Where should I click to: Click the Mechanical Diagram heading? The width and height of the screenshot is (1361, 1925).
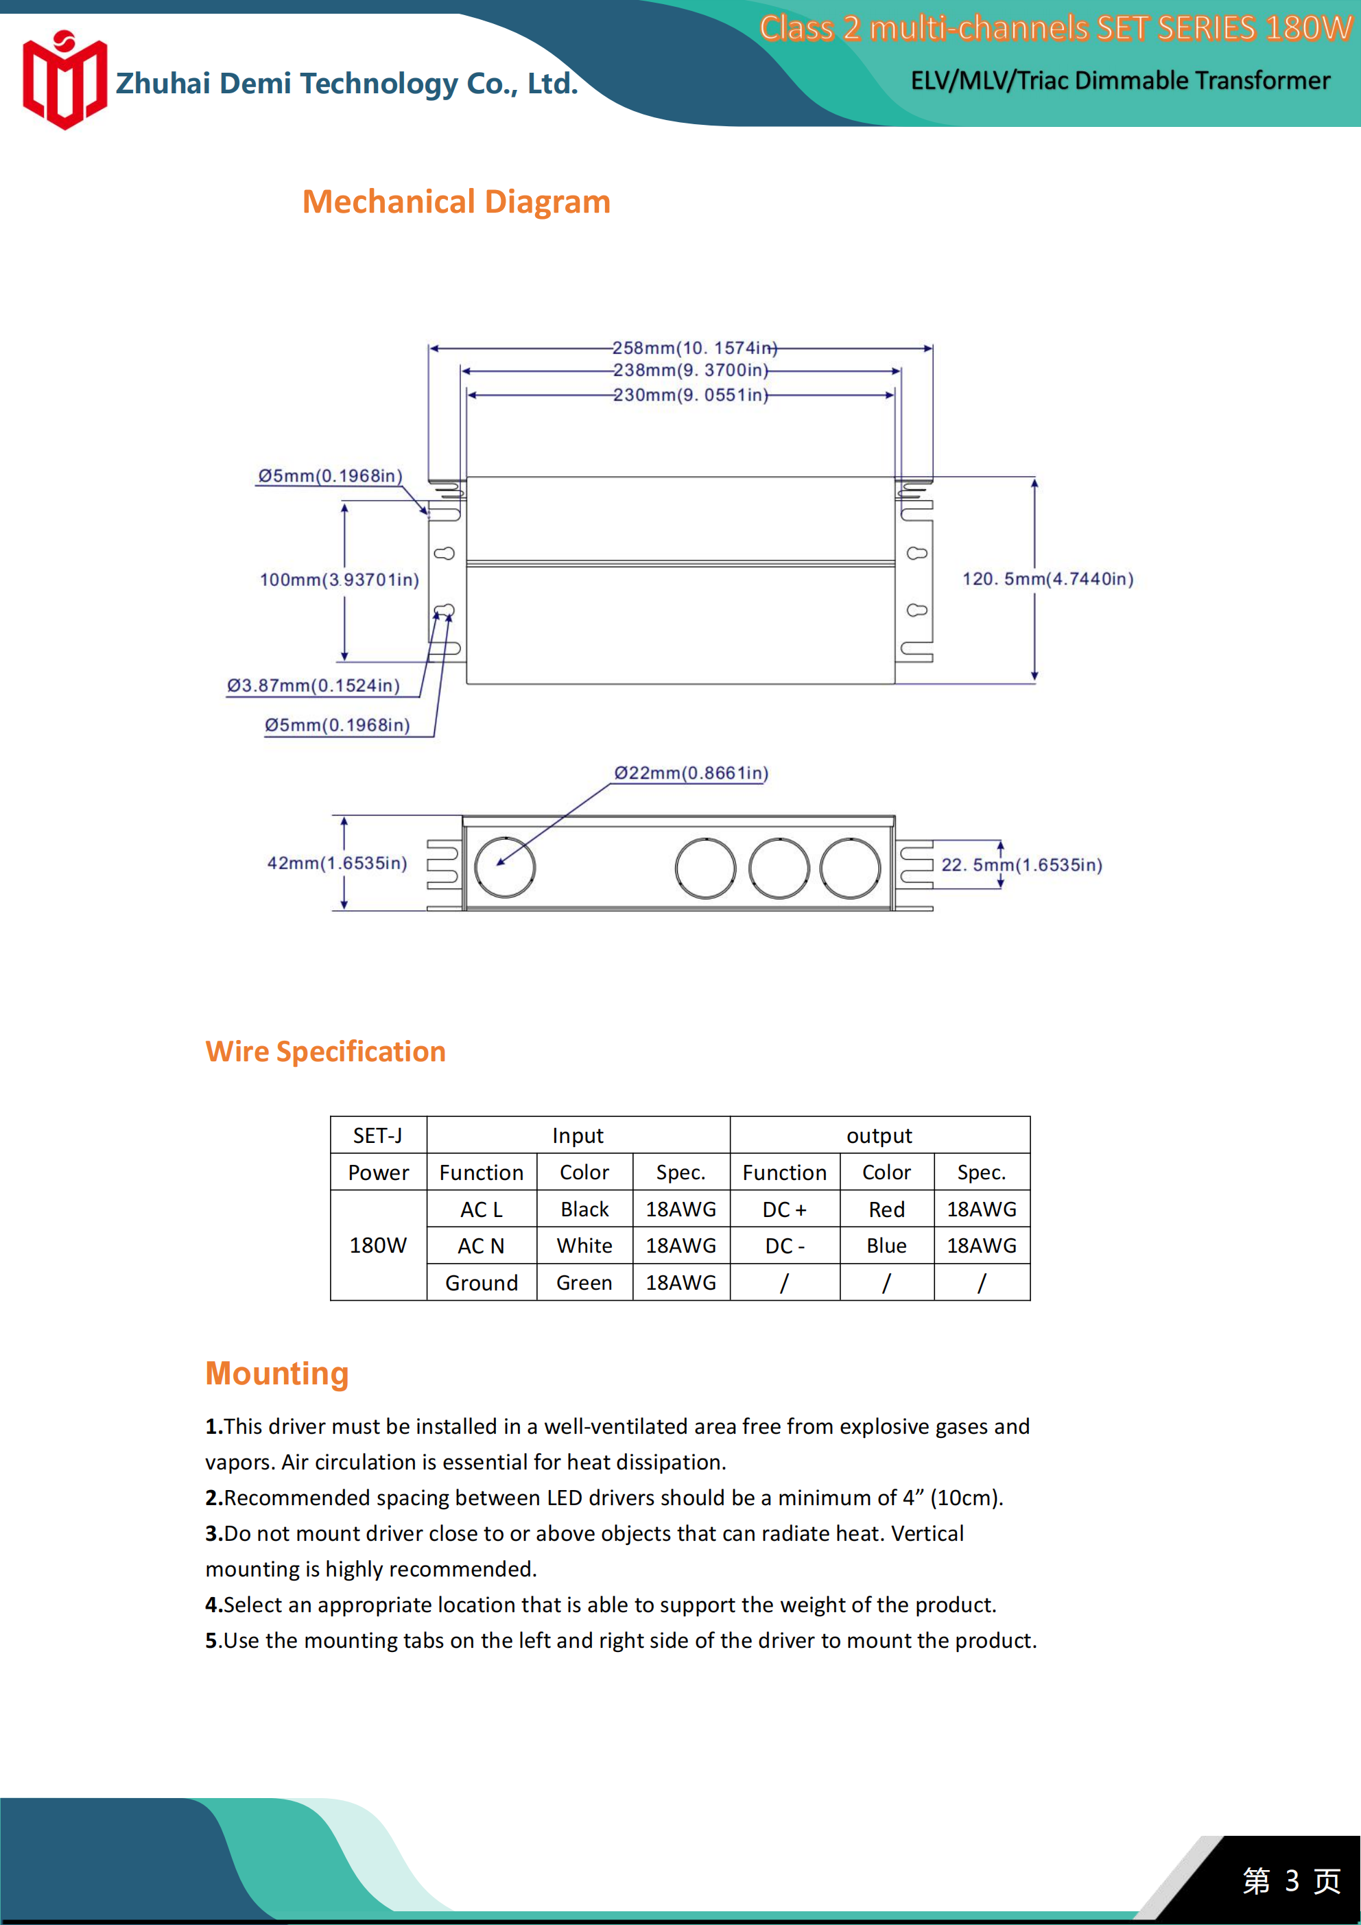456,202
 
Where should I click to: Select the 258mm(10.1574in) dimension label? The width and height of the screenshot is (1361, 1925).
694,348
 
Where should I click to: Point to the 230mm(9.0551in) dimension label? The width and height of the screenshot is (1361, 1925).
690,395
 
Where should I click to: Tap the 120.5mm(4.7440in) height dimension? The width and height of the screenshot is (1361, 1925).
1048,579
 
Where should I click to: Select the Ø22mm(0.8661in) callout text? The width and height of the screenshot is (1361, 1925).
691,773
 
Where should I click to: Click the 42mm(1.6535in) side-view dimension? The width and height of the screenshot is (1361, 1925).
337,864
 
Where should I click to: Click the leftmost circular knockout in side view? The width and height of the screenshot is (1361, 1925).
505,867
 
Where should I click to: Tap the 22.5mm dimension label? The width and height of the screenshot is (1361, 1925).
1021,865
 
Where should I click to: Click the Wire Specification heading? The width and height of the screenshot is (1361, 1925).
325,1052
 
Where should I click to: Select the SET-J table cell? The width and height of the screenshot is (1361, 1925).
378,1135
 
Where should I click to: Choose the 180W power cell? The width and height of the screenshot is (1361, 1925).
378,1246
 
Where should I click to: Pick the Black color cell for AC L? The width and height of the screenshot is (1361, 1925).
584,1209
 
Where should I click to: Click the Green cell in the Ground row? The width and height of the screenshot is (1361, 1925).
584,1283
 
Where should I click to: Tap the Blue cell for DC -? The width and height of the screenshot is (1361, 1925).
886,1246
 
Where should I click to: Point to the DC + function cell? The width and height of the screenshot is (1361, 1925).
784,1209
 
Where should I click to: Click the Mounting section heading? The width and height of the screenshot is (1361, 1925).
276,1373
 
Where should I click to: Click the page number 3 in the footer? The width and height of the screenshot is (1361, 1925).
1292,1880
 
